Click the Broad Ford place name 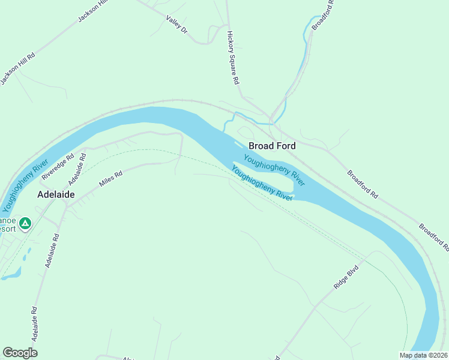pyautogui.click(x=272, y=146)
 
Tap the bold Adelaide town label pyautogui.click(x=56, y=194)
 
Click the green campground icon pyautogui.click(x=25, y=224)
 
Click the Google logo pyautogui.click(x=20, y=353)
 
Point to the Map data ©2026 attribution pyautogui.click(x=423, y=355)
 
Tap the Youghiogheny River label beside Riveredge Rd pyautogui.click(x=25, y=185)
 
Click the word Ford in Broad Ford pyautogui.click(x=285, y=146)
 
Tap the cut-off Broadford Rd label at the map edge pyautogui.click(x=433, y=237)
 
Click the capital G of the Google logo pyautogui.click(x=8, y=352)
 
